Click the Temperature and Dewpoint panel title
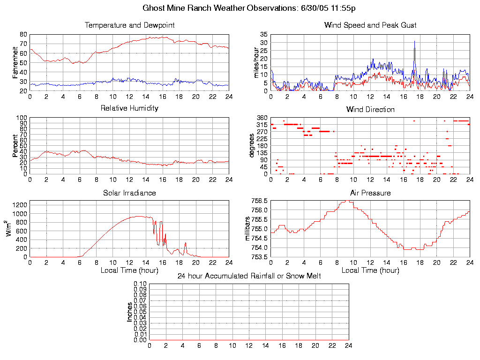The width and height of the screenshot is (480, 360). click(129, 25)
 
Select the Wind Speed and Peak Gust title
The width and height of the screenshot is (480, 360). click(370, 25)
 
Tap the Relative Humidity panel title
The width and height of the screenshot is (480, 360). click(129, 108)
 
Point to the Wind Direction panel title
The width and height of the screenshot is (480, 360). click(370, 109)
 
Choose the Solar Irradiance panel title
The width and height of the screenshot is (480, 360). click(129, 193)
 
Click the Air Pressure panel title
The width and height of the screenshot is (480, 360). click(370, 193)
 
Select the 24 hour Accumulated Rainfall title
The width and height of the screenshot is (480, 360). click(249, 276)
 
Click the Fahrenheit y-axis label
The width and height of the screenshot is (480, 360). click(15, 63)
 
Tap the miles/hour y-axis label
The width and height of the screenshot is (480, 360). click(256, 63)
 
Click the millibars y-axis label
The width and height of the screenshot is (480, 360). click(248, 229)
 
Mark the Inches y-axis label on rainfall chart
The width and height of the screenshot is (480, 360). click(130, 312)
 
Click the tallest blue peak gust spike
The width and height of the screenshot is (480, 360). click(414, 42)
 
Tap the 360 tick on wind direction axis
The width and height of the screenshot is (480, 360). click(262, 117)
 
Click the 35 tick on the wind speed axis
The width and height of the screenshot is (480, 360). click(263, 35)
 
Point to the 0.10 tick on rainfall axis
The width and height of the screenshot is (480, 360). click(140, 284)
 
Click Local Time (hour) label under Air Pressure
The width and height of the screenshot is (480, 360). click(370, 270)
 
